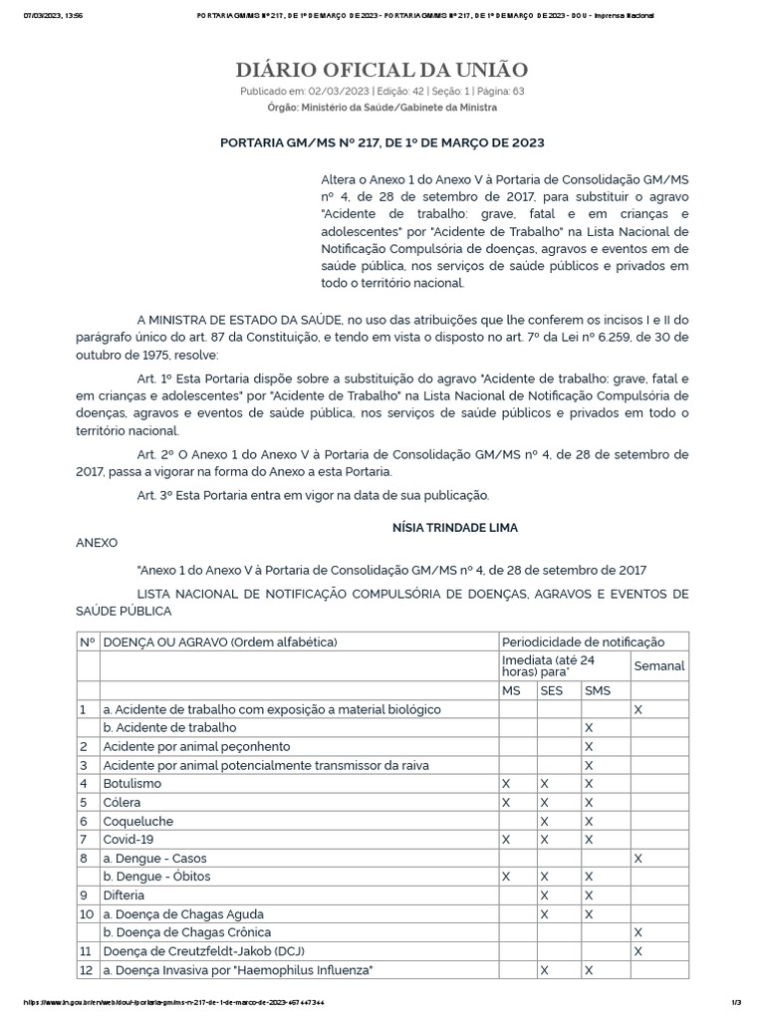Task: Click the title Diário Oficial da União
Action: pos(382,69)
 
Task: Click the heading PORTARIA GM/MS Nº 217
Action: pos(382,142)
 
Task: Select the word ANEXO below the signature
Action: pos(97,543)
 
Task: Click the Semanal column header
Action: pos(658,664)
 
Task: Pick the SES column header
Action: pos(551,690)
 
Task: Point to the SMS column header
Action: pos(598,690)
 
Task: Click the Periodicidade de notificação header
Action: pos(583,641)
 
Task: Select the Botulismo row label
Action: pos(132,784)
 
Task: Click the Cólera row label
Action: pos(123,802)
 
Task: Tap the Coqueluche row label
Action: pos(138,821)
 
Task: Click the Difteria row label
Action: pos(126,894)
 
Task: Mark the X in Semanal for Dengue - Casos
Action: pos(637,858)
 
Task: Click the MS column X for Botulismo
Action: pos(507,784)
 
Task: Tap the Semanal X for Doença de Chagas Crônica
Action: pos(637,932)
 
